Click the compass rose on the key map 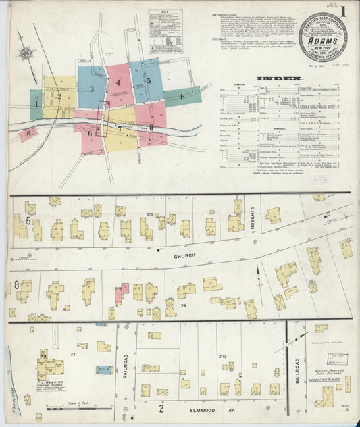pyautogui.click(x=26, y=53)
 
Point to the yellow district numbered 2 pyautogui.click(x=59, y=96)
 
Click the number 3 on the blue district pyautogui.click(x=91, y=89)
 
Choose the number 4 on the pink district pyautogui.click(x=118, y=82)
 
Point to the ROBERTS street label pyautogui.click(x=255, y=218)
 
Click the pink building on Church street pyautogui.click(x=121, y=292)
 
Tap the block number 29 pyautogui.click(x=183, y=306)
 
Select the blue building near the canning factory pyautogui.click(x=104, y=370)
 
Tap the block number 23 pyautogui.click(x=72, y=353)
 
